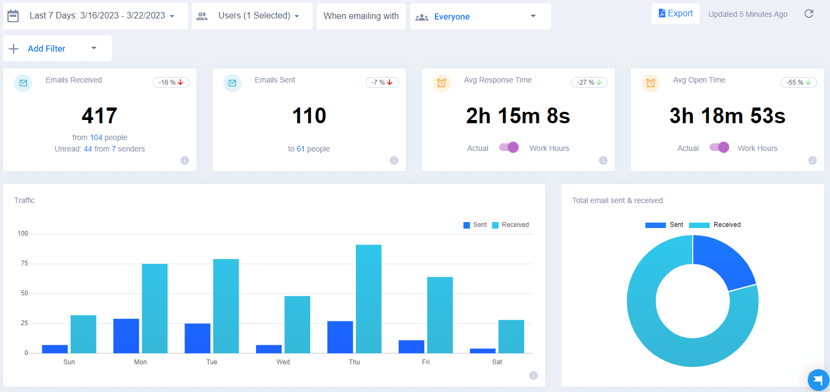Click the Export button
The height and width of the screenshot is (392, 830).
click(675, 14)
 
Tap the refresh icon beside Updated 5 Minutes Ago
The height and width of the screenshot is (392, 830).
click(808, 14)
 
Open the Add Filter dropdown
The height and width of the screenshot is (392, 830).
click(58, 48)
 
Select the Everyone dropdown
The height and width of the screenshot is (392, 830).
click(480, 16)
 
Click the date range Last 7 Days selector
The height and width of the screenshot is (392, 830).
click(95, 16)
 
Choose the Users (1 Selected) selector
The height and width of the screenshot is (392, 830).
click(252, 16)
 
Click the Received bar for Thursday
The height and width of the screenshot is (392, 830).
click(368, 299)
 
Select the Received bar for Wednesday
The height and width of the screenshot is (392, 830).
click(297, 324)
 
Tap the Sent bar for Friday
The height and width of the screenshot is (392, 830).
click(411, 346)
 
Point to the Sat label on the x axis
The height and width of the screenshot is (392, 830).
click(497, 362)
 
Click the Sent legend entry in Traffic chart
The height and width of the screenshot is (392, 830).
click(475, 225)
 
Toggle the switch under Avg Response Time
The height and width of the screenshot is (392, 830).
click(509, 148)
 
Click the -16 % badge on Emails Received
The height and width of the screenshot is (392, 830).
click(171, 83)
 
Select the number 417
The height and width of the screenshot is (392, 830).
click(99, 116)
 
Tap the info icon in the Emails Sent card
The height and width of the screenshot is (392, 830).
click(394, 160)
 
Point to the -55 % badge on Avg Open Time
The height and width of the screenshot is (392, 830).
click(799, 83)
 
